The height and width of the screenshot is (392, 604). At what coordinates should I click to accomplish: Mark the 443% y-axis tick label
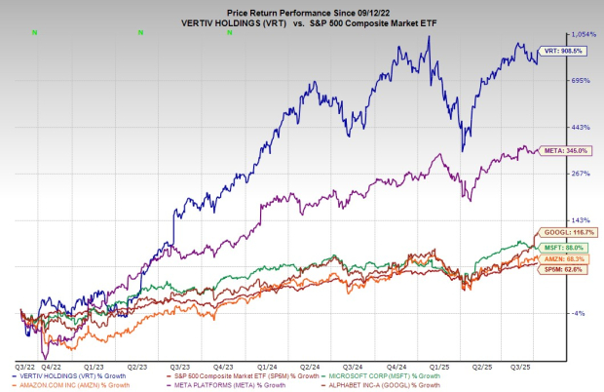[581, 127]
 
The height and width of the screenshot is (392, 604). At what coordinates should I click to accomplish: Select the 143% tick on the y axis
[581, 220]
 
